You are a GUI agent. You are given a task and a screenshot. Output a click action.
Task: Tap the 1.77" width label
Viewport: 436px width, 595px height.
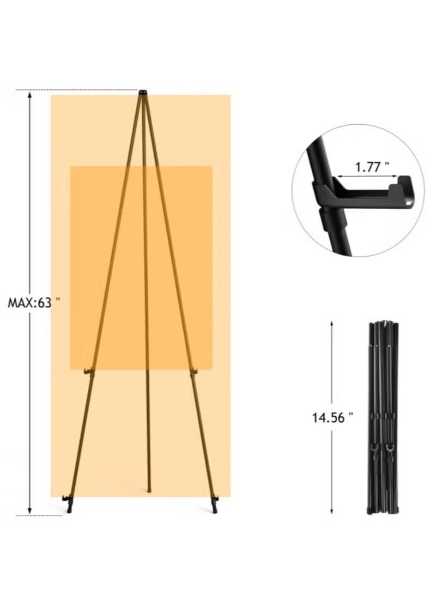[372, 167]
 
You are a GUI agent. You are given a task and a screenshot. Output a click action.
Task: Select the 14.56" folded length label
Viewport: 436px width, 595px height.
[332, 417]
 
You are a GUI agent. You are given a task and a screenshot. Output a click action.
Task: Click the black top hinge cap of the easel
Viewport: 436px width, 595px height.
[143, 92]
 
